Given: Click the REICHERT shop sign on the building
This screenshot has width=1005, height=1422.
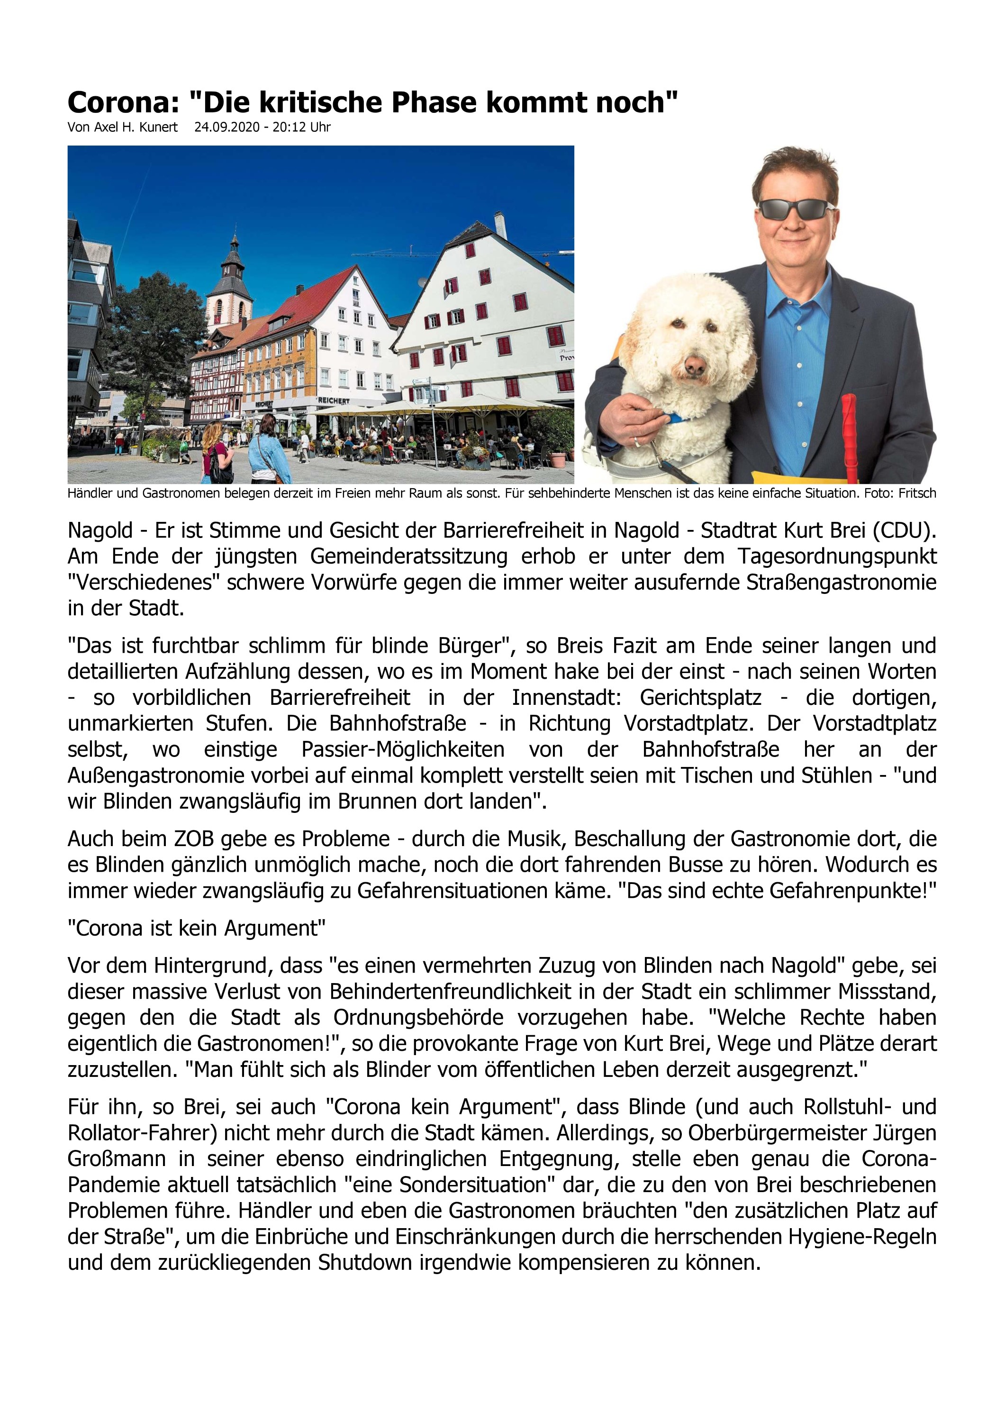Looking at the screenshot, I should pyautogui.click(x=333, y=401).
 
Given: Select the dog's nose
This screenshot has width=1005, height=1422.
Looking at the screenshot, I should pyautogui.click(x=694, y=367).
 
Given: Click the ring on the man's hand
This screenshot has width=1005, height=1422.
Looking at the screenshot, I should pyautogui.click(x=635, y=442).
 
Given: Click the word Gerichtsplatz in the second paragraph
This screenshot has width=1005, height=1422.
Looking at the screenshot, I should pyautogui.click(x=700, y=697).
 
